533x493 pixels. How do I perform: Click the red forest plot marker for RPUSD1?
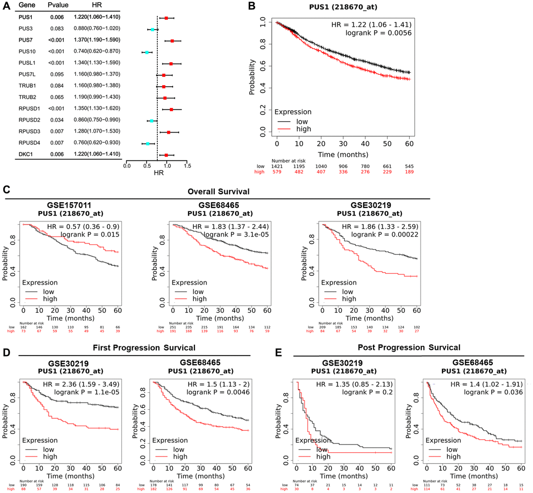pyautogui.click(x=171, y=109)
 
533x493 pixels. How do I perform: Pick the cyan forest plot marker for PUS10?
pyautogui.click(x=147, y=52)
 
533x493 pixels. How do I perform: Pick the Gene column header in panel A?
pyautogui.click(x=22, y=6)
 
